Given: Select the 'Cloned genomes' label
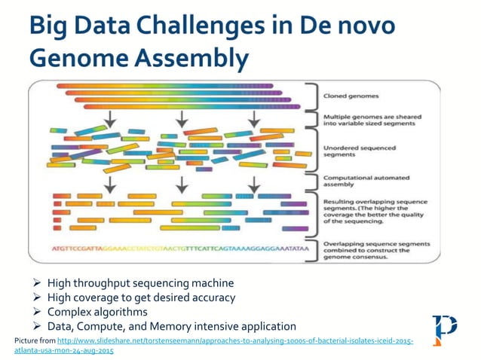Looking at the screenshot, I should [x=351, y=96].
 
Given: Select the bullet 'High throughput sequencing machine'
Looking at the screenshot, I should [x=140, y=283].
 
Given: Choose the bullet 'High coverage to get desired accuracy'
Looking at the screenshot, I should [x=141, y=297].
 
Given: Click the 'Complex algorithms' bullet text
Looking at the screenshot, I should [x=97, y=312].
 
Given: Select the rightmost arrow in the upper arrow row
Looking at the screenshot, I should [x=254, y=118].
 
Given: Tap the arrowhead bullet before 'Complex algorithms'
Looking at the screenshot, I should [x=38, y=312].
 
